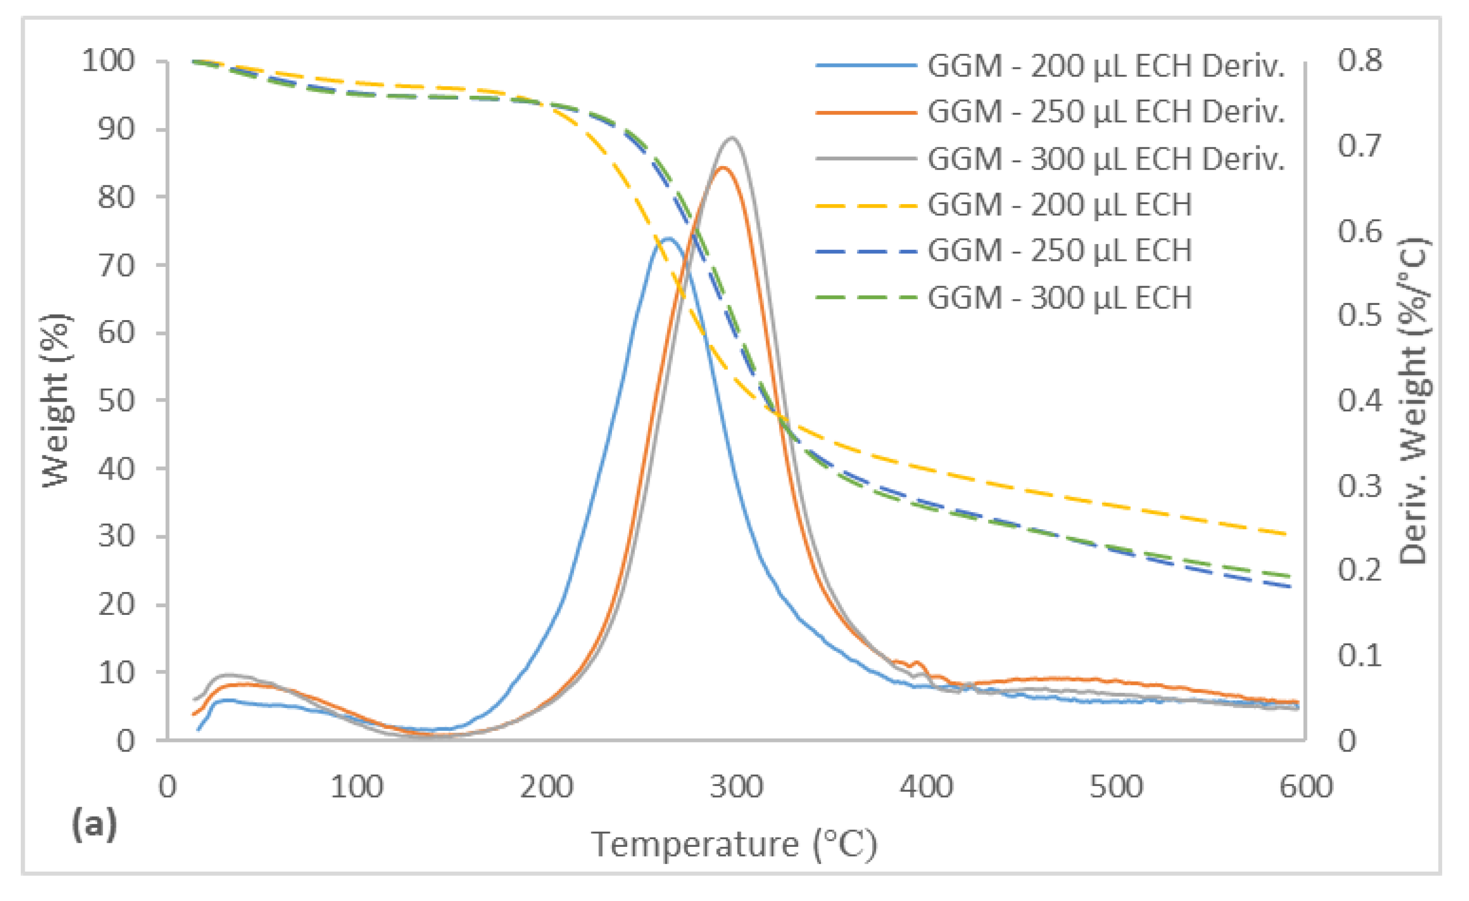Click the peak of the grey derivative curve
[x=732, y=138]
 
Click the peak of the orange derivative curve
[x=722, y=167]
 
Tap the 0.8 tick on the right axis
[x=1360, y=61]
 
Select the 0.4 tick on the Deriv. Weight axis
[x=1360, y=401]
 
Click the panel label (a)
[x=94, y=825]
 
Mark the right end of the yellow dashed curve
[x=1288, y=534]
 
